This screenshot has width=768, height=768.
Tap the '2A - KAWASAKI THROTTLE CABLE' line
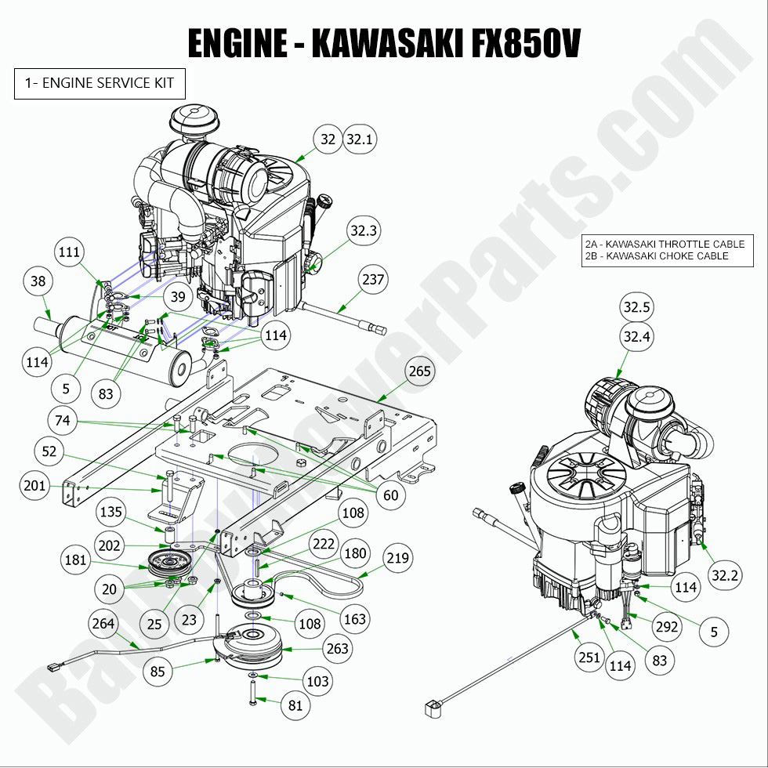point(665,245)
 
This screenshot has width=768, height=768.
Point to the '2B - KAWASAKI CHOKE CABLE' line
point(656,256)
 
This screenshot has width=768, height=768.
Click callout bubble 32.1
point(360,139)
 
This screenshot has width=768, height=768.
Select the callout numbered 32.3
point(364,231)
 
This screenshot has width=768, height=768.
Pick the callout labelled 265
point(421,371)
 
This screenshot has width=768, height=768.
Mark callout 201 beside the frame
point(34,487)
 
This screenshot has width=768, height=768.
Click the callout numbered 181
point(76,560)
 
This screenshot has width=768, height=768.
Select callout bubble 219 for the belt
point(397,559)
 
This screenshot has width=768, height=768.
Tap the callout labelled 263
point(338,649)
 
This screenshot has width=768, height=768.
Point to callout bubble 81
point(295,705)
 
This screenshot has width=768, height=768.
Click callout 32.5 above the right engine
point(637,306)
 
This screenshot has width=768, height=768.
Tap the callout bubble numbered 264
point(103,625)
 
